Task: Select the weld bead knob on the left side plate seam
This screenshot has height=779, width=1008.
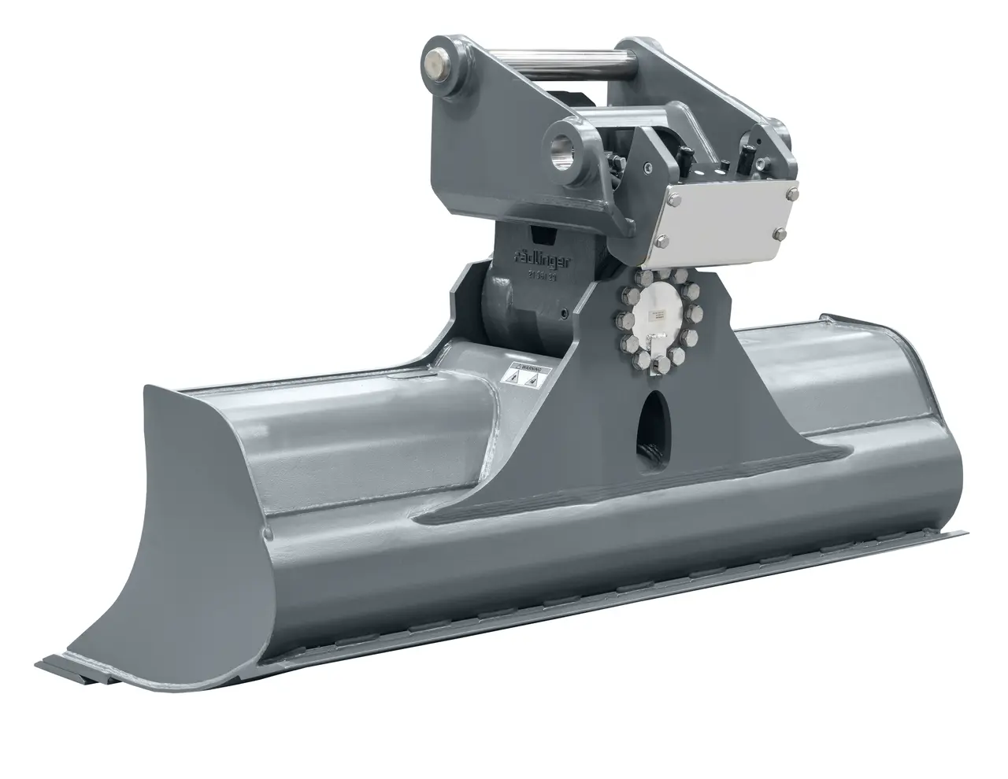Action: click(x=269, y=533)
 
